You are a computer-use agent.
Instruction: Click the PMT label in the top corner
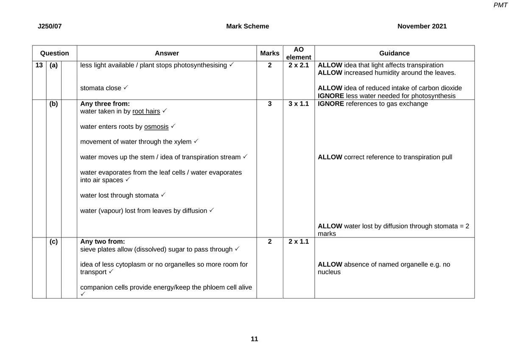pos(501,5)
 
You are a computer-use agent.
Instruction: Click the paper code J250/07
pos(50,26)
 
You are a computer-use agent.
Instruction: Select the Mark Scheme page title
pos(247,26)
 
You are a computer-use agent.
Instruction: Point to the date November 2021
pos(422,26)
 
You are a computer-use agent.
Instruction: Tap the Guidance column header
pos(394,53)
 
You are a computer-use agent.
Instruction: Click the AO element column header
pos(299,53)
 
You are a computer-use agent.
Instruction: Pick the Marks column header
pos(270,53)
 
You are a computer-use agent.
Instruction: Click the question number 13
pos(39,65)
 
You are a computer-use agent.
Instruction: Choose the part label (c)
pos(54,242)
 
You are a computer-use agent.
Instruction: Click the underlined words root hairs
pos(146,112)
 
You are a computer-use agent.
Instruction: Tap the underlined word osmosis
pos(156,127)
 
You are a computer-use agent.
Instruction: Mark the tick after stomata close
pos(126,88)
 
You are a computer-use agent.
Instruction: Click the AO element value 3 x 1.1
pos(299,104)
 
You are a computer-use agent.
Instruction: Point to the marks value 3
pos(270,104)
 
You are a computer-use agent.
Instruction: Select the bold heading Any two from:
pos(103,242)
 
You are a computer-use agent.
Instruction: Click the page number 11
pos(254,339)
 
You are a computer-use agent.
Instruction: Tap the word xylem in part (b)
pos(183,142)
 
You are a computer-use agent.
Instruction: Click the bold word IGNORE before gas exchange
pos(331,104)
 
